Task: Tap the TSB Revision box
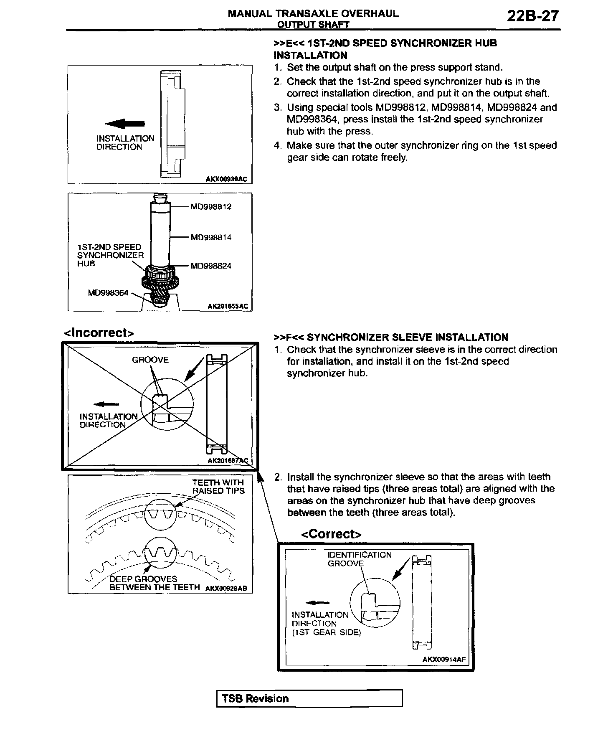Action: point(309,698)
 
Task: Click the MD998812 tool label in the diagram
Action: point(211,207)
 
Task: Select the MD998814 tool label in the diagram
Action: point(211,238)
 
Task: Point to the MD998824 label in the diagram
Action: point(211,266)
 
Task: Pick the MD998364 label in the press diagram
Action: point(108,293)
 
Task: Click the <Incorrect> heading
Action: point(99,333)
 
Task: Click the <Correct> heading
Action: point(331,534)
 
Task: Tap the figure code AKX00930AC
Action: point(226,180)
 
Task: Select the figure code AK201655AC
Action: point(228,307)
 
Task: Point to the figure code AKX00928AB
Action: point(226,588)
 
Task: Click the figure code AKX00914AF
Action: point(444,660)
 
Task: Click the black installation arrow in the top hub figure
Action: point(125,123)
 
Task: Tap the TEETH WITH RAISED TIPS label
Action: point(218,487)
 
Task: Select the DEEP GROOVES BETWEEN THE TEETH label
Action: point(155,583)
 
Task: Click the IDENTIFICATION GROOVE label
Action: point(360,559)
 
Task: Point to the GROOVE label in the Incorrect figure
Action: point(150,360)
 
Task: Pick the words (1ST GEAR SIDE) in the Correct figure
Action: point(326,632)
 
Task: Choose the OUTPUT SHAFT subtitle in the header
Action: point(313,25)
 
